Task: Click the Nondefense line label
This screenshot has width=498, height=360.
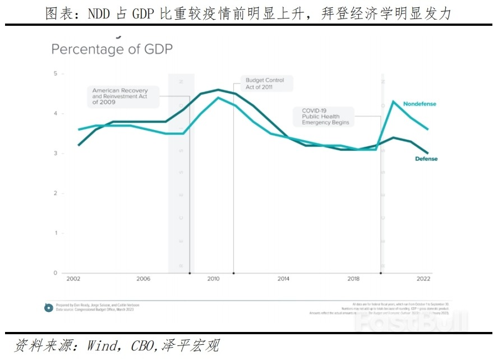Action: point(419,104)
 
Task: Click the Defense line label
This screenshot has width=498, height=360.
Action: point(426,159)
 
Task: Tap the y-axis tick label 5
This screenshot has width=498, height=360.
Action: point(55,73)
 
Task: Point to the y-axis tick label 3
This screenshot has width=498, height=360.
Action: point(55,153)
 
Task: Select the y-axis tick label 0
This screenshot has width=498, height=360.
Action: point(55,273)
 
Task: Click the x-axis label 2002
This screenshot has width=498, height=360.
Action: point(73,279)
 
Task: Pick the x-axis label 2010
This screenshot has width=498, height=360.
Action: point(213,279)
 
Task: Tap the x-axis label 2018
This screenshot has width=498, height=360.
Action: point(353,279)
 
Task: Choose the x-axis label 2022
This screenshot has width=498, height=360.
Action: point(423,279)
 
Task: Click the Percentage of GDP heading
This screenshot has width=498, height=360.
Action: point(112,49)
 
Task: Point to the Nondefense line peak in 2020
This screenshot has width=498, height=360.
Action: point(393,101)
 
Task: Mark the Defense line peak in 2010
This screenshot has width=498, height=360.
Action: point(218,90)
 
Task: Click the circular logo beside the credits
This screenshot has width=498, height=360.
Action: point(49,307)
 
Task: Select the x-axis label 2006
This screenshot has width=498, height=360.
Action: point(143,279)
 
